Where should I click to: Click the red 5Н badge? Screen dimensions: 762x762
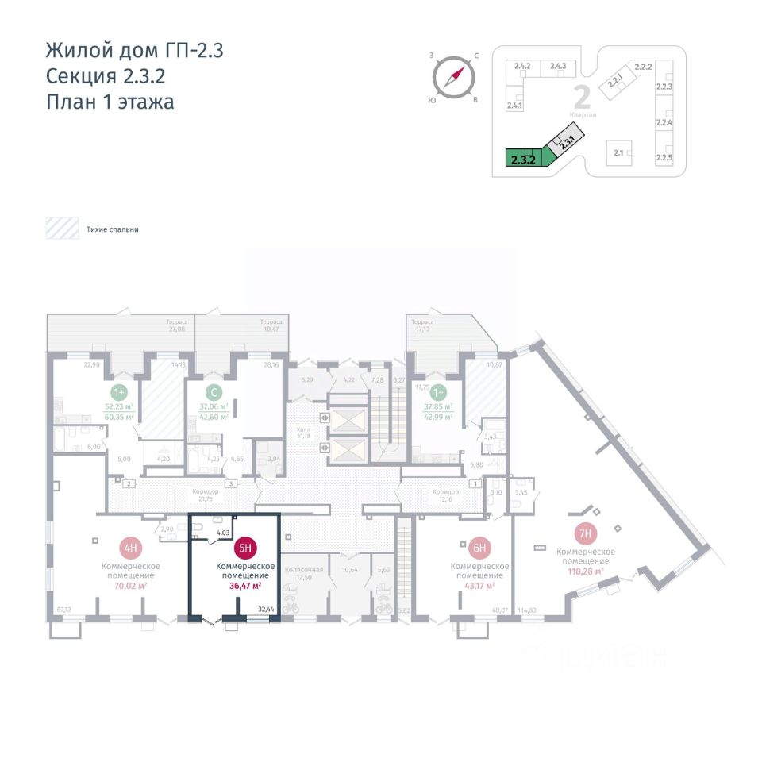[245, 547]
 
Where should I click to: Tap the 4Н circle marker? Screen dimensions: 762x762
[130, 547]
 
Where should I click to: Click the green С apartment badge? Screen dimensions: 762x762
[212, 392]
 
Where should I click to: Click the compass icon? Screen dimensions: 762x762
[453, 77]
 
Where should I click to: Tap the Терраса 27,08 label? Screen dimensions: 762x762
[177, 325]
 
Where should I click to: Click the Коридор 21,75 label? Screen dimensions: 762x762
[206, 494]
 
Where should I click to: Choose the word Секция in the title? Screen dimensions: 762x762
[83, 76]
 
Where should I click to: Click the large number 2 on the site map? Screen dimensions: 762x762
[582, 98]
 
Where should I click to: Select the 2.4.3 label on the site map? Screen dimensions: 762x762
[557, 66]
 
